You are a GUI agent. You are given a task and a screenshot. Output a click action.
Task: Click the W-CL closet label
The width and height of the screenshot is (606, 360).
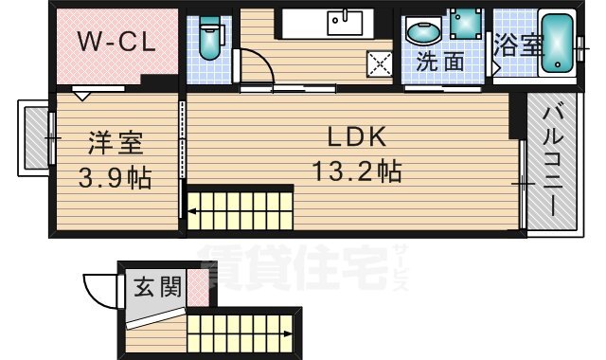coord(116,41)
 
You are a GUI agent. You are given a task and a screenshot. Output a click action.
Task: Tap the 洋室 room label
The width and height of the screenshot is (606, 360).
coord(116,143)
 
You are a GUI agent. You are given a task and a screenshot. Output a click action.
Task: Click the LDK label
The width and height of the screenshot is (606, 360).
coord(357,137)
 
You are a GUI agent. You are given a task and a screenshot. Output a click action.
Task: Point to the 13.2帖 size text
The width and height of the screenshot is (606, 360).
coord(357,172)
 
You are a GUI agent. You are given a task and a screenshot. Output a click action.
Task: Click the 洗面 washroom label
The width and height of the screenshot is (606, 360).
coord(440,63)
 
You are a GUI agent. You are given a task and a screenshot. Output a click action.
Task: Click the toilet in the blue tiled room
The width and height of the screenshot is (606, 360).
coord(210,36)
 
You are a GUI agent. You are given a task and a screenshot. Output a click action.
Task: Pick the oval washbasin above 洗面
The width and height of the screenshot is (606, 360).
coord(422,33)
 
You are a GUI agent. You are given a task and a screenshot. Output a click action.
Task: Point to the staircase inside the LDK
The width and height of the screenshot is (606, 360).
coord(241,208)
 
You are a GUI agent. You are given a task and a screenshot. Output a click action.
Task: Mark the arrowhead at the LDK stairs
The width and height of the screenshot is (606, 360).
coord(191,214)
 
